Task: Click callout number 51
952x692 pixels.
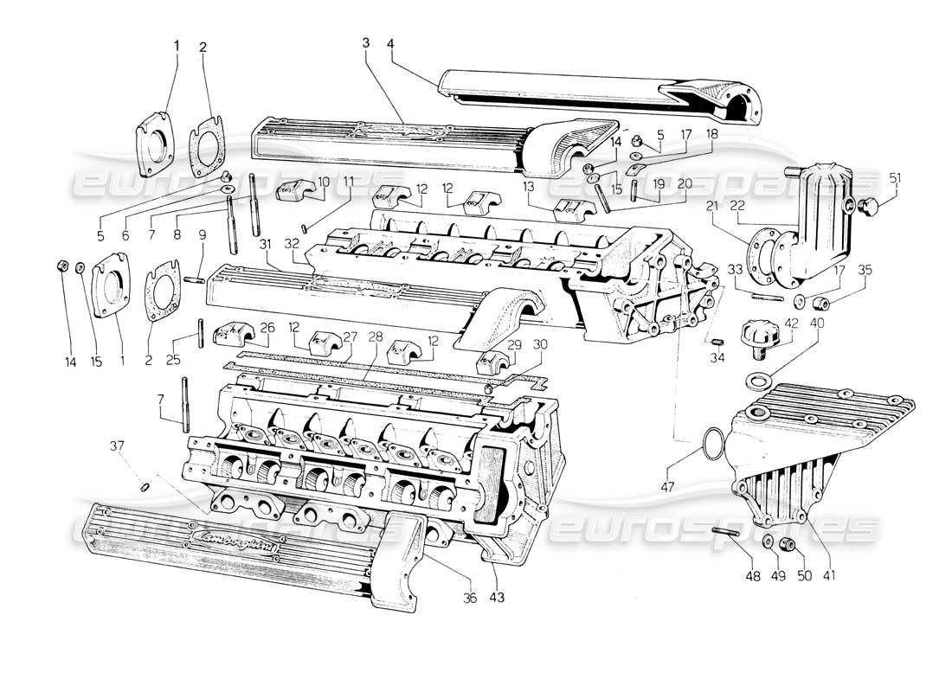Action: point(895,179)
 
